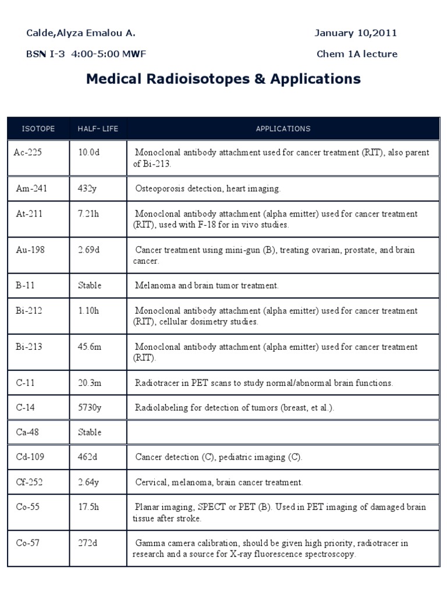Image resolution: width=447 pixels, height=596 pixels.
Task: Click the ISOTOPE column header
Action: [38, 129]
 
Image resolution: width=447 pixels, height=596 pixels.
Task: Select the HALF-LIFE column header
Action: [98, 129]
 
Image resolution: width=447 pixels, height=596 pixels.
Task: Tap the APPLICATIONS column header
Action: [283, 129]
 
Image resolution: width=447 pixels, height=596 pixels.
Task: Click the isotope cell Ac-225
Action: [28, 152]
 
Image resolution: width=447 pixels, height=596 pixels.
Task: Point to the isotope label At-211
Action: [29, 214]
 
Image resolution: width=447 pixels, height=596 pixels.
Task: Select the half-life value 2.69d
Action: [89, 250]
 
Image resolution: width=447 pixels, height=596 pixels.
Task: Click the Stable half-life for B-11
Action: [90, 285]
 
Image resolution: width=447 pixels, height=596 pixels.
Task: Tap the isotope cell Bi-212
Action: [29, 311]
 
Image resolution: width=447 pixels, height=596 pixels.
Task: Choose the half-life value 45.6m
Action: [90, 347]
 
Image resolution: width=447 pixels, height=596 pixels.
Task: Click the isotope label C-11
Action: [26, 383]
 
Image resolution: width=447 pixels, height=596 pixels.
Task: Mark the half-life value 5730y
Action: [90, 407]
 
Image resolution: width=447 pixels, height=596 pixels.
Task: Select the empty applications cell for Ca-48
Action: [283, 432]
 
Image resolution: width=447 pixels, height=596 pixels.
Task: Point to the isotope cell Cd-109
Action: [30, 457]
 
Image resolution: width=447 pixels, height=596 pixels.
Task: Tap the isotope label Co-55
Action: [28, 507]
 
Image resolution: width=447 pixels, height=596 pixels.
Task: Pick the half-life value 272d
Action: [88, 543]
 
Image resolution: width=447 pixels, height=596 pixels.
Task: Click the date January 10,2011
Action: [356, 33]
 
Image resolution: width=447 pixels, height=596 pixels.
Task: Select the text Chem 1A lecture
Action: [357, 54]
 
